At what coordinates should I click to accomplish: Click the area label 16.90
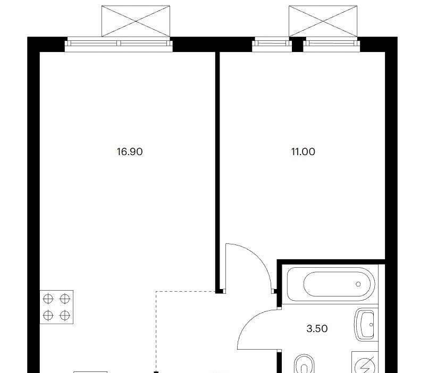pyautogui.click(x=130, y=152)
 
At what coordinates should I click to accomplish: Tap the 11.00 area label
pyautogui.click(x=303, y=152)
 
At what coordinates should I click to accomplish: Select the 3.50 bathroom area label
pyautogui.click(x=317, y=328)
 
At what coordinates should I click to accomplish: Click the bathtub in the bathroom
pyautogui.click(x=331, y=284)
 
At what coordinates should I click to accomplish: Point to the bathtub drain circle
pyautogui.click(x=358, y=284)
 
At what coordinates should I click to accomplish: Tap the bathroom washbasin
pyautogui.click(x=366, y=325)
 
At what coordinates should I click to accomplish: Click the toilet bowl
pyautogui.click(x=305, y=364)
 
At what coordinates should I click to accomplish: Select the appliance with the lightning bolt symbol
pyautogui.click(x=365, y=362)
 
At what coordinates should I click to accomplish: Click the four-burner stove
pyautogui.click(x=56, y=307)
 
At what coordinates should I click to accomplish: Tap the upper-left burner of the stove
pyautogui.click(x=48, y=299)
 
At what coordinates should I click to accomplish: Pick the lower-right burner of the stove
pyautogui.click(x=65, y=315)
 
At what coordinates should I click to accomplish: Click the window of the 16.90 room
pyautogui.click(x=119, y=45)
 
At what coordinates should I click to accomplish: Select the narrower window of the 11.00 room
pyautogui.click(x=272, y=45)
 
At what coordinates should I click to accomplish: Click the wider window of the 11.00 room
pyautogui.click(x=331, y=45)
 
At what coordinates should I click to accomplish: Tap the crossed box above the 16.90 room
pyautogui.click(x=136, y=21)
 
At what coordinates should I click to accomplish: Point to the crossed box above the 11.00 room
pyautogui.click(x=323, y=21)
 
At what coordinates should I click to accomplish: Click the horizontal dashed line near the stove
pyautogui.click(x=186, y=291)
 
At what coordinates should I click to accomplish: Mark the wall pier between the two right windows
pyautogui.click(x=297, y=45)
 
